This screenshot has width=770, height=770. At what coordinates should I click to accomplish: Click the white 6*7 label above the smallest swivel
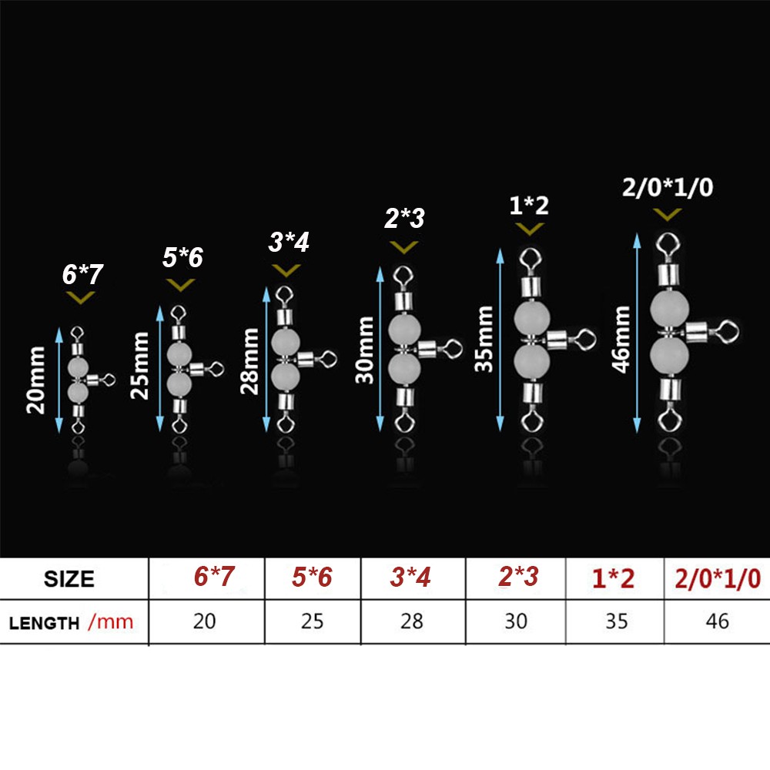coord(82,274)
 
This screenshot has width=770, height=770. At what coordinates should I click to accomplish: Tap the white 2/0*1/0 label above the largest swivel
coord(668,187)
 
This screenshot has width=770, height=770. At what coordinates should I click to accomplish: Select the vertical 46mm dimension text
coord(621,339)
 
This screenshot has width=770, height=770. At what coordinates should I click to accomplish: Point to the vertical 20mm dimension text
coord(36,380)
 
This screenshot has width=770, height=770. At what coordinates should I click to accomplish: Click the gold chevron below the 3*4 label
coord(286,270)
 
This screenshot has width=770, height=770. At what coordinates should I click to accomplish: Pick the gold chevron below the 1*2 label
coord(530,229)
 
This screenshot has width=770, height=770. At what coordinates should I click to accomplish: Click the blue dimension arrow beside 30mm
coord(380,350)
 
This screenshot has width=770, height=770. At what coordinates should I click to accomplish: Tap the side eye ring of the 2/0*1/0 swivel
coord(728,331)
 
